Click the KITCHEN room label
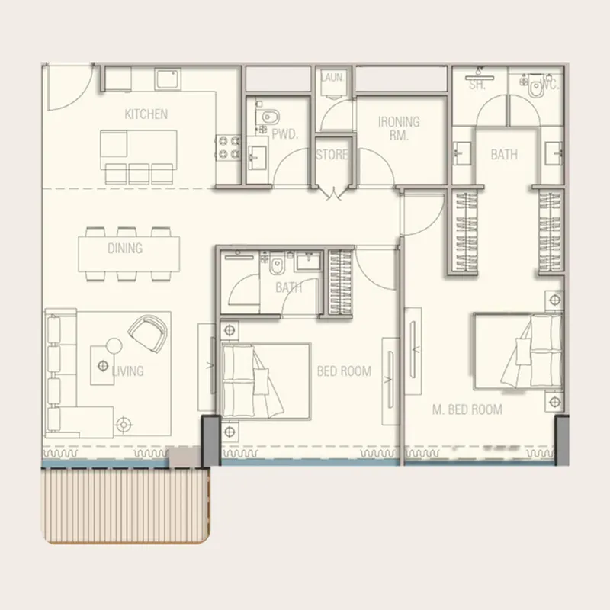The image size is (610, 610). tap(146, 114)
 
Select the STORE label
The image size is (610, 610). tap(332, 155)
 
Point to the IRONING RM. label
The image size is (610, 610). tap(399, 129)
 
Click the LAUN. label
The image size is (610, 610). tap(332, 78)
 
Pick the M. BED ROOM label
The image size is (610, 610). tap(467, 409)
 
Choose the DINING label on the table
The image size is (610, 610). tap(125, 249)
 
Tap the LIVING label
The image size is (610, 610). tap(127, 371)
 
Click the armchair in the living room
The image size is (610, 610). tap(149, 331)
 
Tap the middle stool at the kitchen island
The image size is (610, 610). tap(139, 172)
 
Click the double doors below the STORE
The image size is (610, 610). tap(332, 192)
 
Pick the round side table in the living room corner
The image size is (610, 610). tap(124, 423)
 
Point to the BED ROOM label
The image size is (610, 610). tap(344, 371)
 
